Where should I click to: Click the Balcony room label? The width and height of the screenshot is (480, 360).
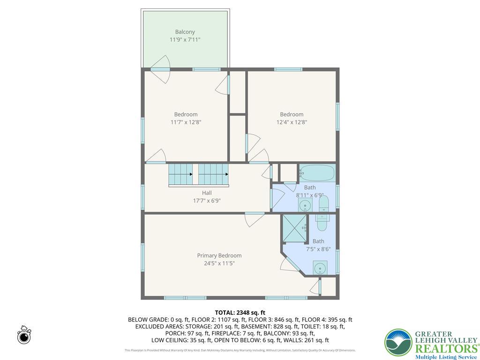coord(185,32)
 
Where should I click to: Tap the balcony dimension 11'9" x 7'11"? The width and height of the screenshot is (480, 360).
coord(185,40)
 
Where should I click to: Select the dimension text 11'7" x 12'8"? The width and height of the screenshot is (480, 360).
coord(186,122)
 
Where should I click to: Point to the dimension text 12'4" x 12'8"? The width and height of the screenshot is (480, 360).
coord(292,122)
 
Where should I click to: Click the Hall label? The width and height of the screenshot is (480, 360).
coord(207,193)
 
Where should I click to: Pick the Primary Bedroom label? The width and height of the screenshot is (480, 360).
coord(219,255)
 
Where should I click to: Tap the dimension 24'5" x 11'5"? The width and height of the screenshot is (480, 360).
coord(219,263)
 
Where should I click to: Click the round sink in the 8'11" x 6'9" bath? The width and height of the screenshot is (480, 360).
coord(305,205)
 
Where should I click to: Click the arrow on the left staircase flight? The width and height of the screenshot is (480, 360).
coord(191,174)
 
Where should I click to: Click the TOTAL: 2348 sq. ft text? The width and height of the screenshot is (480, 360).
coord(240,312)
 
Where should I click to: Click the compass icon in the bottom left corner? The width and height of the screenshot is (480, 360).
coord(24,336)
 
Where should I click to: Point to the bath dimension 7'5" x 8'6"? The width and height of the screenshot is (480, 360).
coord(318,249)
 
